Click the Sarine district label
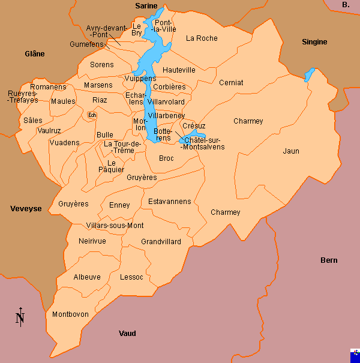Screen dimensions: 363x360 point(146,6)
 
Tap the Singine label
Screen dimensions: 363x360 point(314,42)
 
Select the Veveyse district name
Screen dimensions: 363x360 point(26,209)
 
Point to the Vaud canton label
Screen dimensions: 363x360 point(127,334)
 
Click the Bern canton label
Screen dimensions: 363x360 point(329,260)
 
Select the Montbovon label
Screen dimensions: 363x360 point(70,314)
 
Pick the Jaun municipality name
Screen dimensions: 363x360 point(291,151)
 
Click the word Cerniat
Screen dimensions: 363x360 point(231,83)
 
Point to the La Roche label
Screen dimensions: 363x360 point(201,38)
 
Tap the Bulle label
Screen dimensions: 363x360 point(105,135)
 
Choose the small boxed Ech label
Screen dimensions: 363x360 point(92,115)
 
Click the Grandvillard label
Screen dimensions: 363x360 point(161,242)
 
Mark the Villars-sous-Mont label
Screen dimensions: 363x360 point(115,226)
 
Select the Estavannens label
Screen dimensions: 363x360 point(169,201)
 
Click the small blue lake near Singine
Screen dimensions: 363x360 point(309,75)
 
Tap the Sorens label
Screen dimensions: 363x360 point(101,65)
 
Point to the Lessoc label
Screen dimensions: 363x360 point(131,277)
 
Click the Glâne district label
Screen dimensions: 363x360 point(34,54)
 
